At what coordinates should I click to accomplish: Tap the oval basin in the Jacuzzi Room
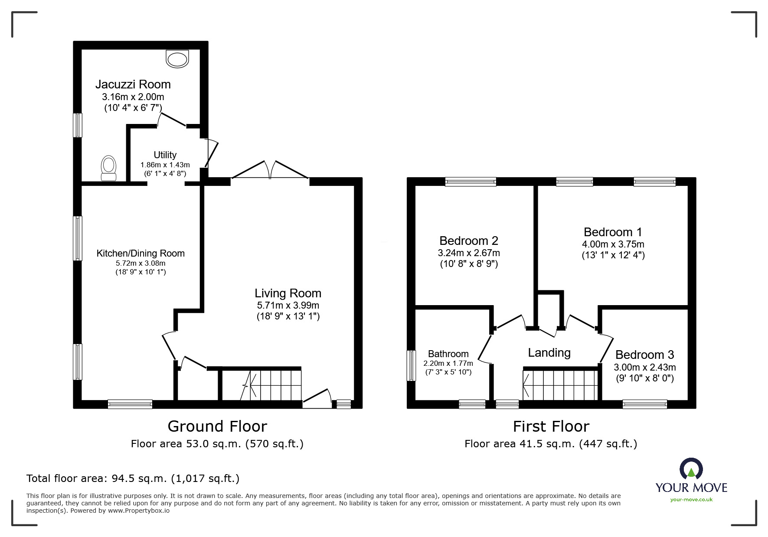click(x=178, y=59)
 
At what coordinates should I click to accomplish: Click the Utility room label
click(x=165, y=155)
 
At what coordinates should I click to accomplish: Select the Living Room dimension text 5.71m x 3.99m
click(x=288, y=305)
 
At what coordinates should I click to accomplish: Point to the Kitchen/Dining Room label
click(x=141, y=253)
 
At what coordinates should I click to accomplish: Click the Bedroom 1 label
click(x=613, y=232)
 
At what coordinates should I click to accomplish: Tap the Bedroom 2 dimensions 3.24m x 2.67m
click(x=468, y=253)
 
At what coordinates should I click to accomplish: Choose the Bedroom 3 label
click(x=644, y=355)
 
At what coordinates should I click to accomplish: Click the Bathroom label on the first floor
click(x=448, y=354)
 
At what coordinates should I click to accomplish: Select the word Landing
click(x=549, y=353)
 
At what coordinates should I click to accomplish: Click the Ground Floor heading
click(x=217, y=426)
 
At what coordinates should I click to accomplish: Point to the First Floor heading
click(x=551, y=426)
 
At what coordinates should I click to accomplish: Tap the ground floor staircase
click(x=271, y=384)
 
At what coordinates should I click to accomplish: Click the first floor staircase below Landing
click(x=560, y=385)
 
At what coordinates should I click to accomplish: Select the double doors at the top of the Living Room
click(x=270, y=171)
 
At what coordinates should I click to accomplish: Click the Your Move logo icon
click(x=691, y=469)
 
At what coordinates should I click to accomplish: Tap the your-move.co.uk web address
click(x=691, y=500)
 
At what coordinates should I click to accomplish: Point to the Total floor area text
click(x=133, y=478)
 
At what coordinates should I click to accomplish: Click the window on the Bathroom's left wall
click(x=410, y=366)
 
